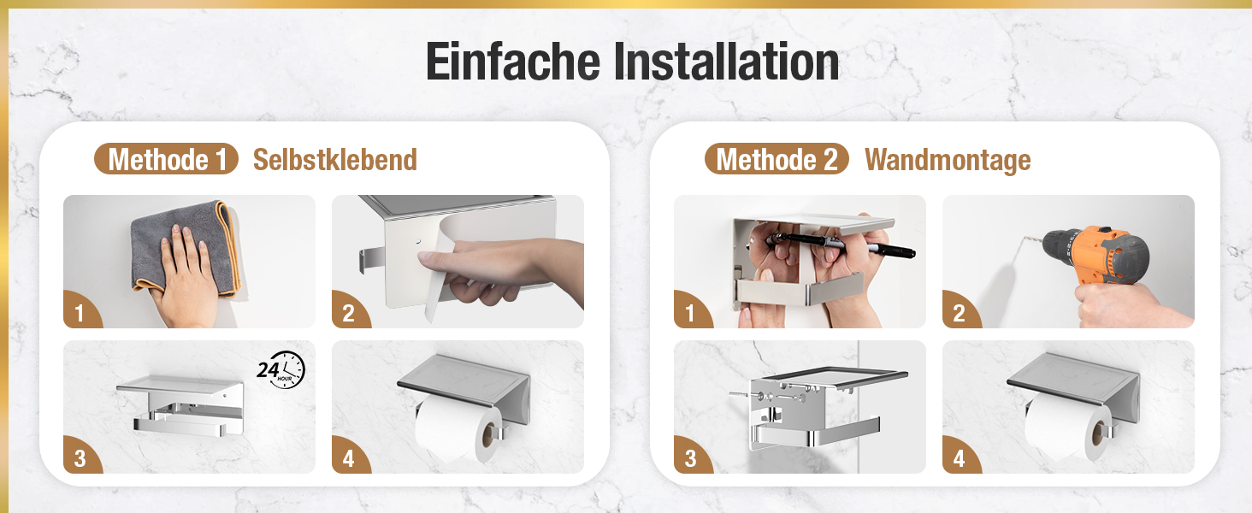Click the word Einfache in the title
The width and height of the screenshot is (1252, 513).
(x=513, y=62)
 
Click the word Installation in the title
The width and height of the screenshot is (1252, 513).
(x=727, y=62)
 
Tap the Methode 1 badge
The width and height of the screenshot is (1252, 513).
(x=167, y=159)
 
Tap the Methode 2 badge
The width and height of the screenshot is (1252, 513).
(x=777, y=159)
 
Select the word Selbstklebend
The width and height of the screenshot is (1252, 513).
(x=335, y=160)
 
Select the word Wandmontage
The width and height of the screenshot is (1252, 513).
(x=948, y=161)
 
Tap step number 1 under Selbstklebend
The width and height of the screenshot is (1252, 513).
(x=80, y=314)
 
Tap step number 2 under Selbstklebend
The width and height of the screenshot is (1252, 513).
(x=348, y=314)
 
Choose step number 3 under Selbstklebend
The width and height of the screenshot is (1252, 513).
(x=80, y=459)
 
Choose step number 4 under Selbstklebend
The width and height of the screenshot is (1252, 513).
(x=348, y=459)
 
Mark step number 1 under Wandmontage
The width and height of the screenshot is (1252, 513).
(x=690, y=314)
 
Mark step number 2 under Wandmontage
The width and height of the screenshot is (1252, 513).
(x=960, y=314)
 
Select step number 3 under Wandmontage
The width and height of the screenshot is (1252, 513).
(x=691, y=459)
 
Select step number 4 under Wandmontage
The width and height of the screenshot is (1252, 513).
(x=960, y=459)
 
